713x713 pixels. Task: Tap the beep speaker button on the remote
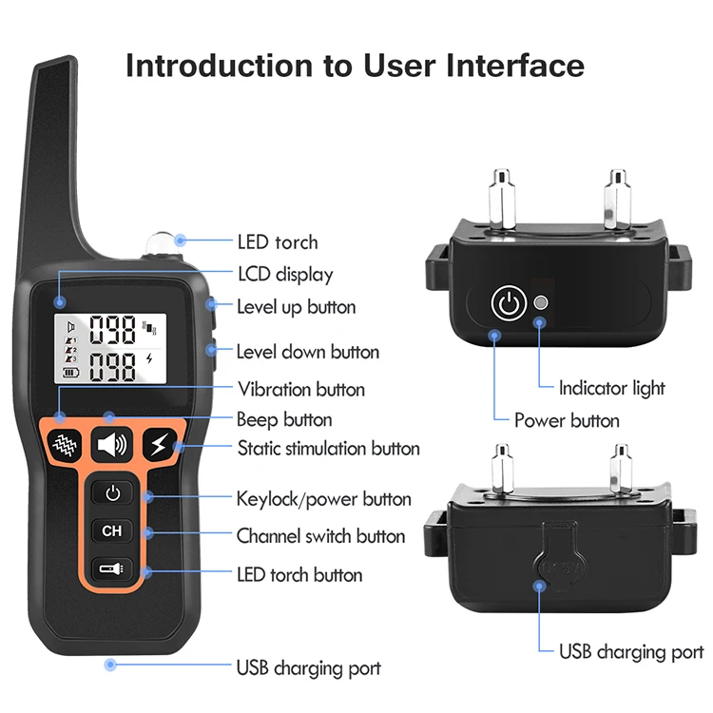pos(112,444)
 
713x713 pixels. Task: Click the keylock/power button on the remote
pos(113,493)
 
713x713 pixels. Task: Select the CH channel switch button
pos(113,531)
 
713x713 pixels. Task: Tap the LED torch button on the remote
pos(113,569)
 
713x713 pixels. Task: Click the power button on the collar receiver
pos(508,304)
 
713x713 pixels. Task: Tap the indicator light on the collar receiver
pos(541,303)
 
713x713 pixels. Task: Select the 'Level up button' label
pos(296,307)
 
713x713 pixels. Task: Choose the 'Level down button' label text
pos(307,352)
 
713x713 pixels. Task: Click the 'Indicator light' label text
pos(611,388)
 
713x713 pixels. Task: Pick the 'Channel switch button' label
pos(320,536)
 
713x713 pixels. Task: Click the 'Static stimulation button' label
pos(328,448)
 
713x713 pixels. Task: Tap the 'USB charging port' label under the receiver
pos(630,651)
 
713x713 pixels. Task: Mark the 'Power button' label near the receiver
pos(567,419)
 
